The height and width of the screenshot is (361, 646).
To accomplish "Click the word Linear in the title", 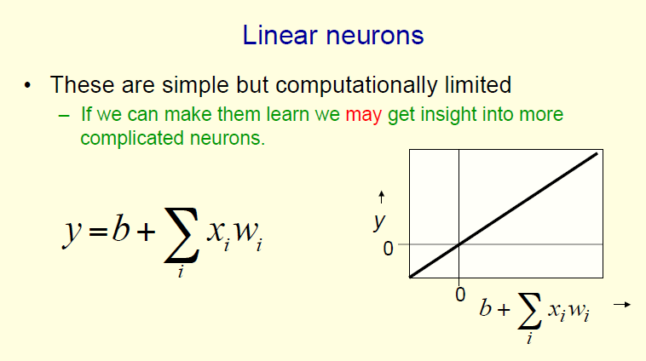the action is pyautogui.click(x=280, y=35).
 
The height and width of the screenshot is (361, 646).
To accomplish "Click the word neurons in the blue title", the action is pyautogui.click(x=375, y=36).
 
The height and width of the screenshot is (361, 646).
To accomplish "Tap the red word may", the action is pyautogui.click(x=363, y=115).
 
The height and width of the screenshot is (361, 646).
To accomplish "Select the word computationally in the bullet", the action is pyautogui.click(x=356, y=86).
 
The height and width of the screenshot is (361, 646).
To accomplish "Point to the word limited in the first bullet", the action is pyautogui.click(x=478, y=85).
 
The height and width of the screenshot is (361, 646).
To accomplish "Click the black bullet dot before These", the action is pyautogui.click(x=27, y=86).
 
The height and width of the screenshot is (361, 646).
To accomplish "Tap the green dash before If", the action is pyautogui.click(x=64, y=116).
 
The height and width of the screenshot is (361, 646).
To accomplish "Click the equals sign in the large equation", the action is pyautogui.click(x=98, y=232).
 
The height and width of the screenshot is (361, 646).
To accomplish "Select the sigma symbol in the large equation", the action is pyautogui.click(x=182, y=235).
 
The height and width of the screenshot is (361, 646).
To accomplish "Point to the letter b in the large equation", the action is pyautogui.click(x=121, y=227).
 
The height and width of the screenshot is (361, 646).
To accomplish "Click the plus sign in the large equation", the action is pyautogui.click(x=147, y=232).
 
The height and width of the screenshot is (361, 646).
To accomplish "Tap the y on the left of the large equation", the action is pyautogui.click(x=72, y=233).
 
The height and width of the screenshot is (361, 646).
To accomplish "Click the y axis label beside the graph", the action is pyautogui.click(x=379, y=223).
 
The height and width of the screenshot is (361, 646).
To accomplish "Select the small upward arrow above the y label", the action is pyautogui.click(x=382, y=198).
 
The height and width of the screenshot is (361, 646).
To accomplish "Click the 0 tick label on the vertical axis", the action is pyautogui.click(x=388, y=249).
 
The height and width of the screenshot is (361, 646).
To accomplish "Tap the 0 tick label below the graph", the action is pyautogui.click(x=460, y=295).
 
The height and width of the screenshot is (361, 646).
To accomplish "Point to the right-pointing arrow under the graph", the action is pyautogui.click(x=622, y=305).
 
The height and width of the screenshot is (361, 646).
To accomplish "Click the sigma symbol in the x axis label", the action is pyautogui.click(x=529, y=312).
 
